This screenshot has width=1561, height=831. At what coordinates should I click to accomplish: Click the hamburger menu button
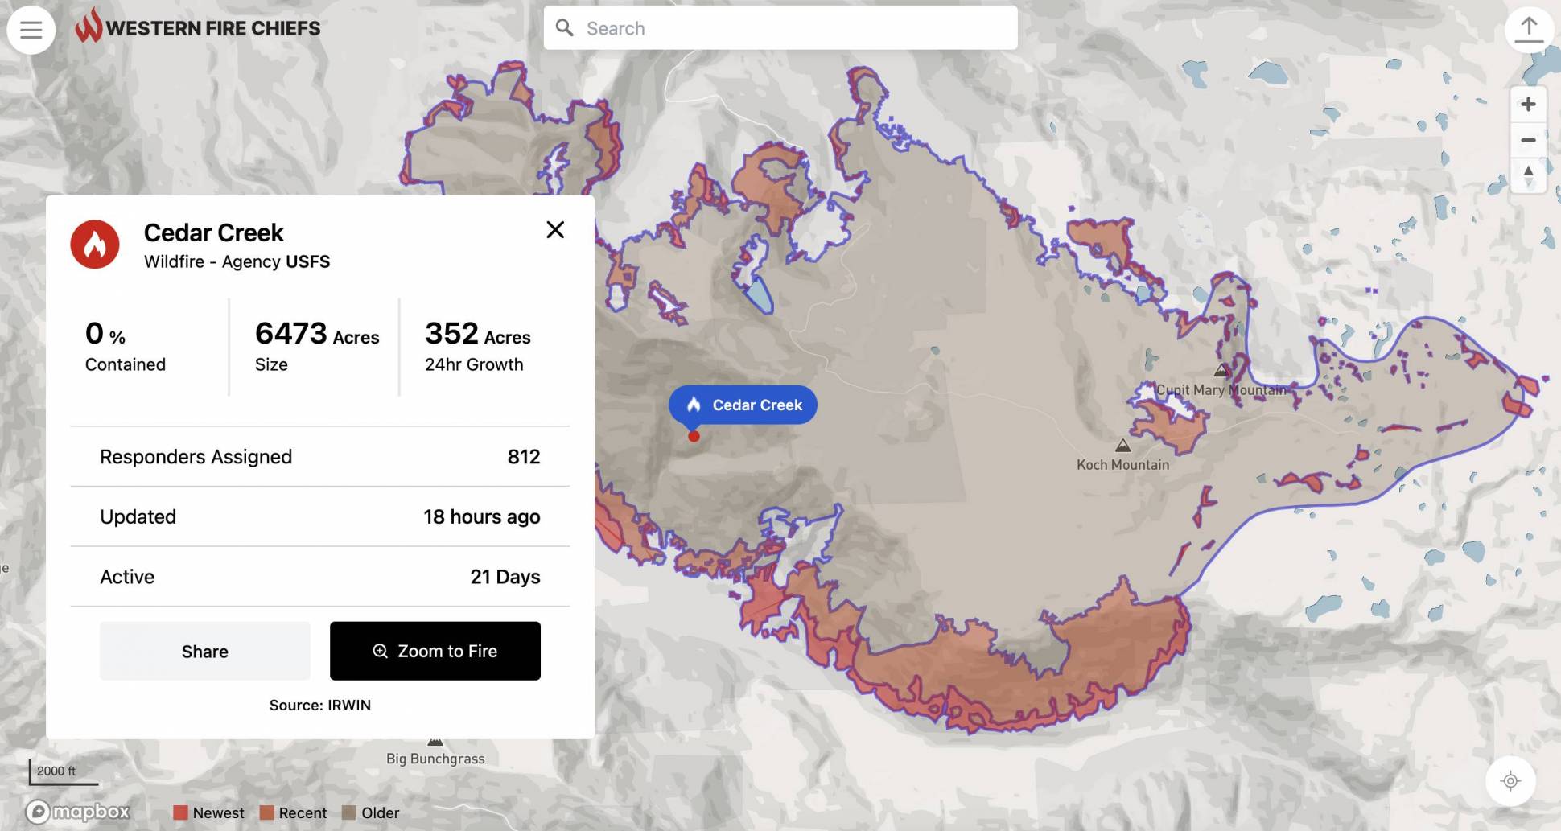[31, 30]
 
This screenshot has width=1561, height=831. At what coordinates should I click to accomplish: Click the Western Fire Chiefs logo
[198, 27]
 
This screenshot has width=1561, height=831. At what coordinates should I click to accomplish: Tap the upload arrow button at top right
[1528, 30]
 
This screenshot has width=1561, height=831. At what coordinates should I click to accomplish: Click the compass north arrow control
[1528, 175]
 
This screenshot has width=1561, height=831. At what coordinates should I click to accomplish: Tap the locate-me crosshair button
[1510, 780]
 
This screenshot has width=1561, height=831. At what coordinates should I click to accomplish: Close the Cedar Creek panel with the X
[555, 230]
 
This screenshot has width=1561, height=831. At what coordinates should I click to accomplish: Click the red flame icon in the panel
[95, 245]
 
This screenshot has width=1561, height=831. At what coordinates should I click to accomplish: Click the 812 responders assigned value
[523, 457]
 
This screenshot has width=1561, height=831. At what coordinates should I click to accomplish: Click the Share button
[204, 651]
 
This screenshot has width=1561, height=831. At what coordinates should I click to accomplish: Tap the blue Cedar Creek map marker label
[743, 405]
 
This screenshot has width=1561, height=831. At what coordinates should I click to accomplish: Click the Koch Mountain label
[1122, 464]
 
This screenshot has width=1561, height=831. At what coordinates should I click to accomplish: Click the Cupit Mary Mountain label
[1221, 390]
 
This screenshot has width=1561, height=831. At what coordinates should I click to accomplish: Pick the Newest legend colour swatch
[180, 812]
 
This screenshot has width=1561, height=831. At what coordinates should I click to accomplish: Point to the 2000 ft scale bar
[63, 772]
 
